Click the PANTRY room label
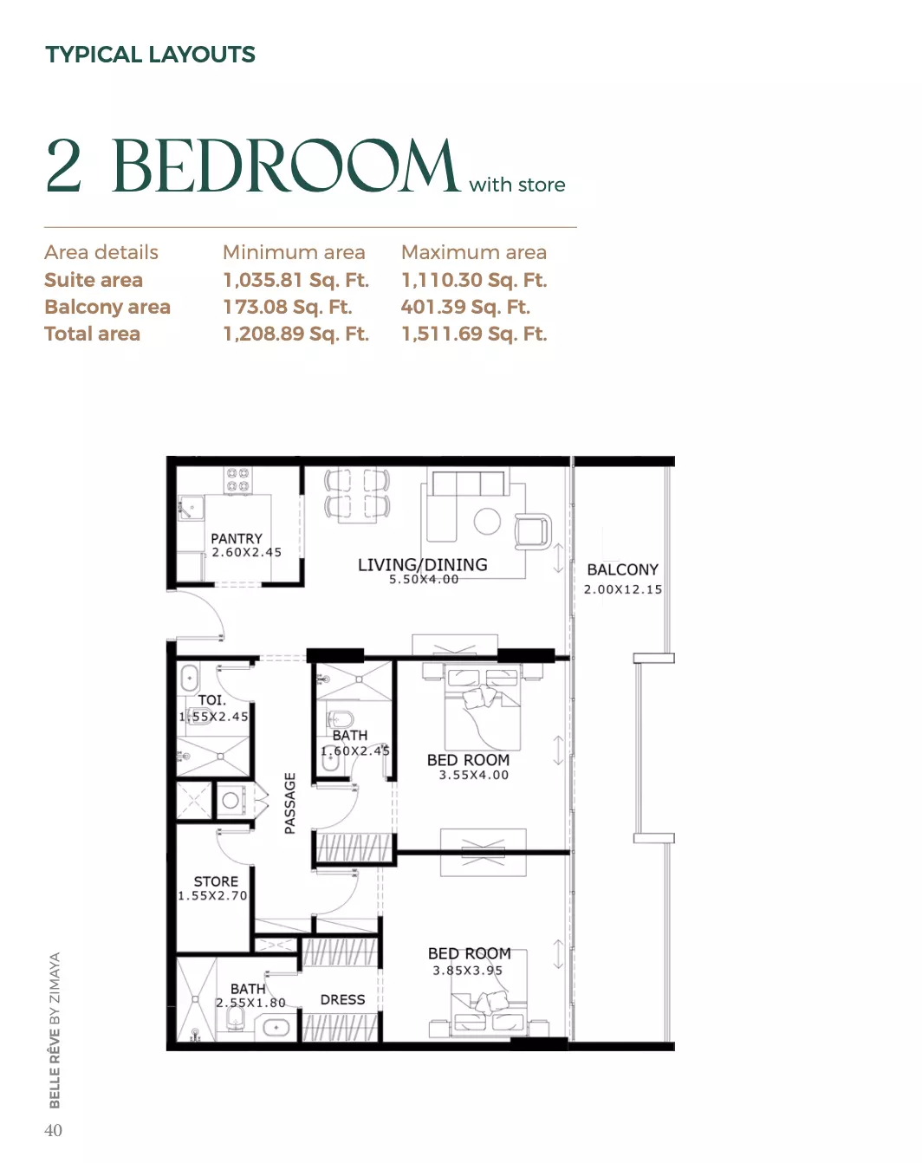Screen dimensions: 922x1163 [x=237, y=539]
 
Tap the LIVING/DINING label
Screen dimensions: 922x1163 [x=422, y=565]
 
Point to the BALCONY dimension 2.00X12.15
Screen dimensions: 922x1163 [x=622, y=589]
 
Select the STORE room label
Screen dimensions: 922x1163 [x=216, y=881]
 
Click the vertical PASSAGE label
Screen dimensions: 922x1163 [x=290, y=803]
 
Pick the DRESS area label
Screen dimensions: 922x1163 [x=342, y=1000]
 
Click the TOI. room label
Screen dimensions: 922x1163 [x=211, y=700]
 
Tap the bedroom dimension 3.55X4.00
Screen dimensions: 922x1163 [x=473, y=775]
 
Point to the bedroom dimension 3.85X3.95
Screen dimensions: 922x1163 [x=467, y=971]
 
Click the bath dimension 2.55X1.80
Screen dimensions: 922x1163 [x=250, y=1003]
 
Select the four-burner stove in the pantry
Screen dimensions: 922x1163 [x=237, y=480]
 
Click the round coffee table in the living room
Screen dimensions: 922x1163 [x=487, y=522]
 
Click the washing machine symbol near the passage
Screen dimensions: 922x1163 [x=230, y=801]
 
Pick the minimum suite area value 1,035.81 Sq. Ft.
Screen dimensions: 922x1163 [x=296, y=280]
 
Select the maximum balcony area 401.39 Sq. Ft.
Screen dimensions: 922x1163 [x=465, y=307]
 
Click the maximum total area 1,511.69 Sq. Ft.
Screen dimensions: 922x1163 [x=474, y=334]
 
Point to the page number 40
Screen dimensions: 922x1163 [x=53, y=1130]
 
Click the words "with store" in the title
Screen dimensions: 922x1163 [x=517, y=185]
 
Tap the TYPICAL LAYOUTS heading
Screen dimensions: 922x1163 [x=150, y=55]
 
